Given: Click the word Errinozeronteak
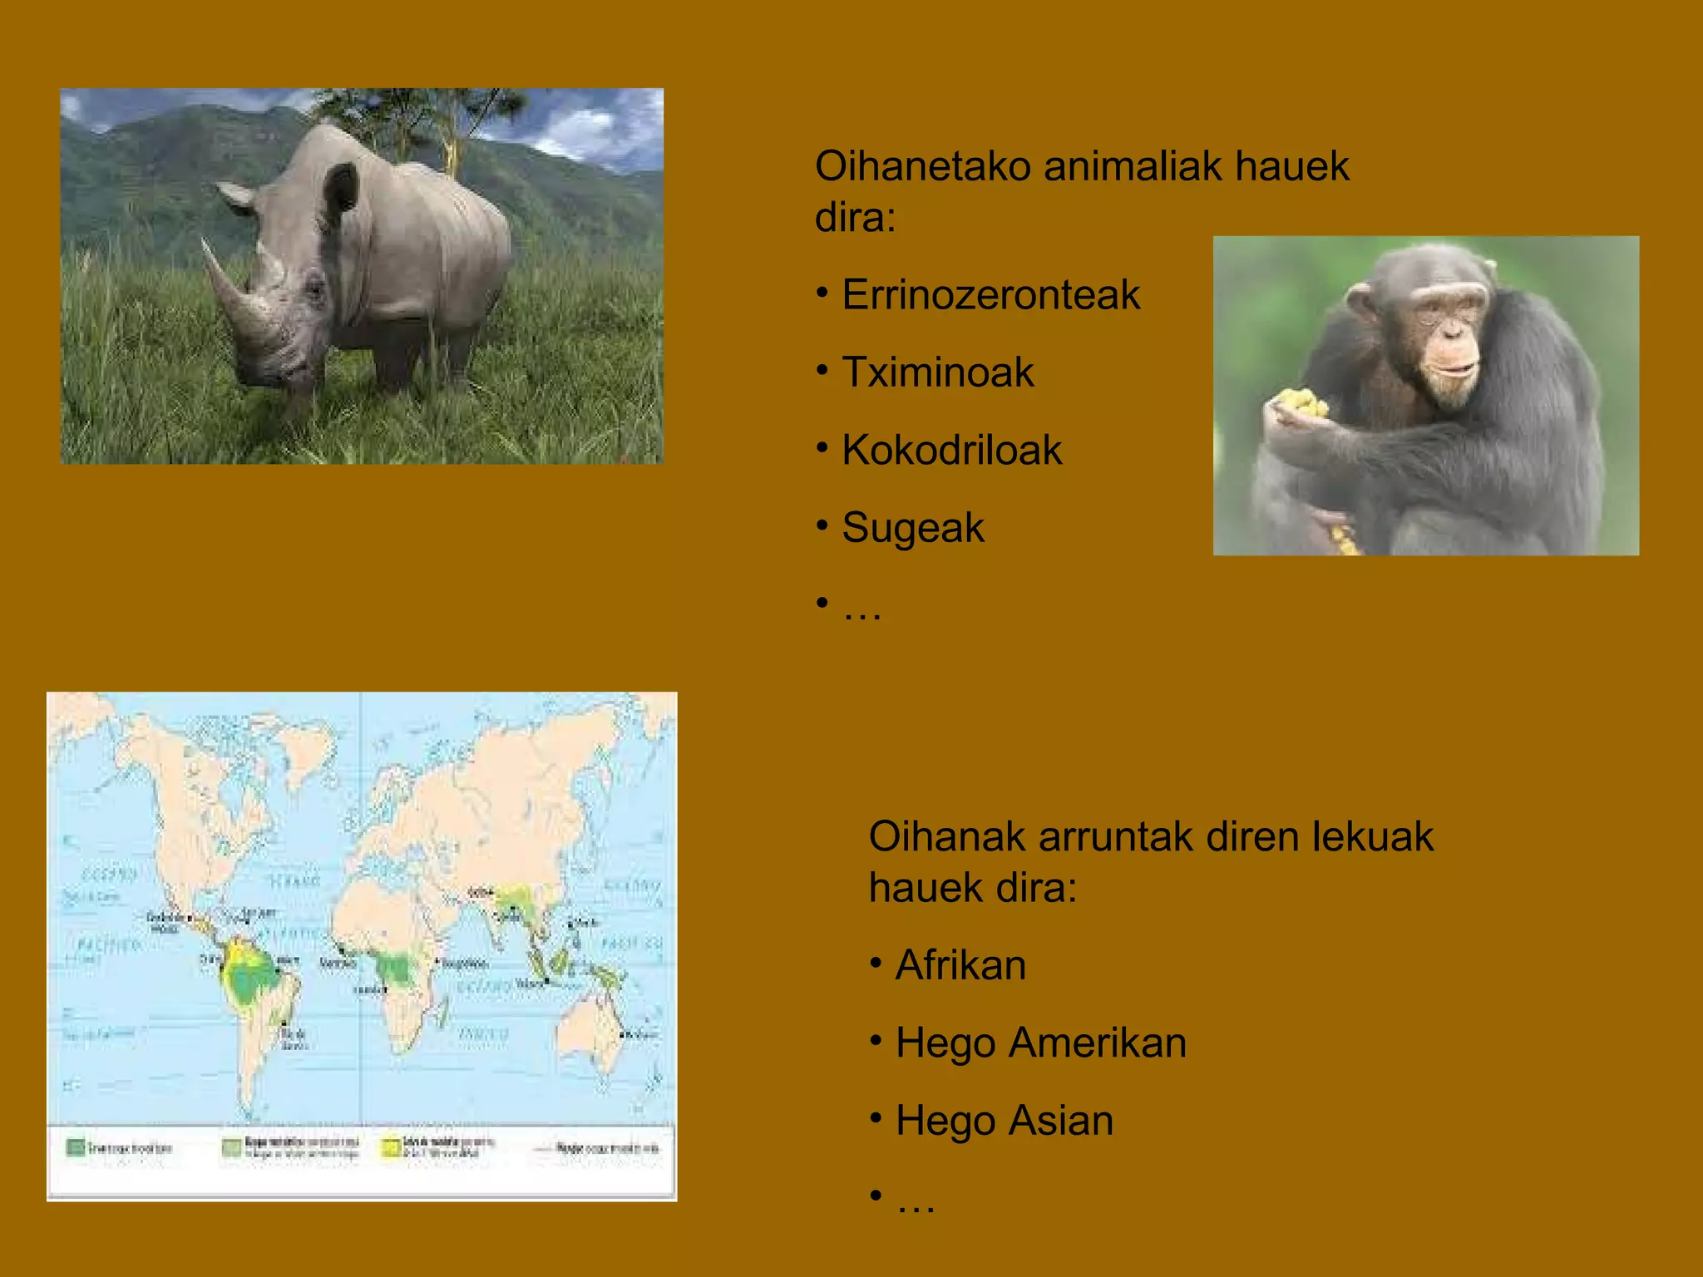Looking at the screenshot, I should click(x=990, y=295).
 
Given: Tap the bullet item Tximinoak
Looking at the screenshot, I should click(x=937, y=372).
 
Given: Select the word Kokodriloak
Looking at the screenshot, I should click(x=951, y=451).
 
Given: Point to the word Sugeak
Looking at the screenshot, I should click(x=912, y=528).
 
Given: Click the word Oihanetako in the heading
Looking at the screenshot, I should click(x=923, y=166).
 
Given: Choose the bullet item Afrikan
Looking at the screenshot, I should click(x=960, y=965).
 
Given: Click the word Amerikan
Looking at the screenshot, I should click(x=1098, y=1043).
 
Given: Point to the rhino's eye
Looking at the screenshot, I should click(x=315, y=289).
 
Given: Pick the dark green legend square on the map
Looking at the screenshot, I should click(x=75, y=1148).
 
